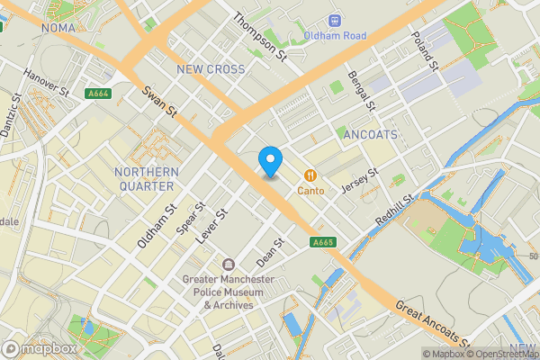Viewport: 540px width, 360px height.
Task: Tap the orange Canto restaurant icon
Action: click(x=310, y=175)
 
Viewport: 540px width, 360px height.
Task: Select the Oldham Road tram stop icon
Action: click(x=335, y=19)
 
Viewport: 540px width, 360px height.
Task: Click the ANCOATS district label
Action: click(x=370, y=134)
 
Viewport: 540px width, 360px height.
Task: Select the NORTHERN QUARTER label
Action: click(x=145, y=179)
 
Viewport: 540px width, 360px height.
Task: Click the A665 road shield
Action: click(x=322, y=242)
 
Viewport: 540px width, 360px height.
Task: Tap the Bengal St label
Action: click(x=363, y=92)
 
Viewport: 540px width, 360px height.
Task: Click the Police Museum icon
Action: click(x=228, y=265)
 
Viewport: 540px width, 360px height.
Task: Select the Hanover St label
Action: click(x=47, y=83)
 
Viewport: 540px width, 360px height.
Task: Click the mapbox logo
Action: click(x=40, y=348)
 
